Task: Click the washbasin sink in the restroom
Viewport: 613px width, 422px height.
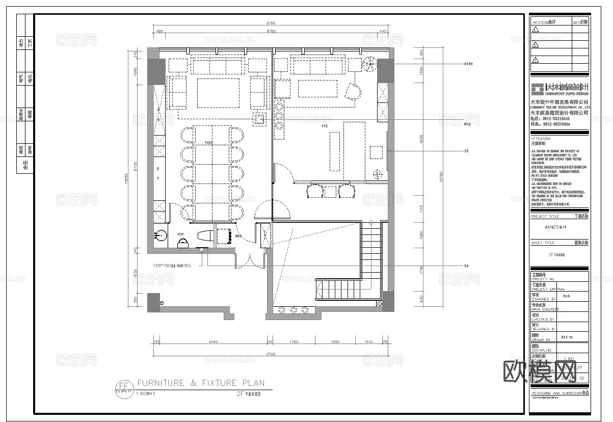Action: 160,236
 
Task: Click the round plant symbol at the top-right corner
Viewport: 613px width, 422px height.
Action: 368,65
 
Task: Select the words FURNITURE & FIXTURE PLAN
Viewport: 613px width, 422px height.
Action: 201,383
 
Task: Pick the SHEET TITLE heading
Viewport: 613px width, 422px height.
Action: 542,243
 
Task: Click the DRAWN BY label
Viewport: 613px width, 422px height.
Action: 541,339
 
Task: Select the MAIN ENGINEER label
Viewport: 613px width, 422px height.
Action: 545,309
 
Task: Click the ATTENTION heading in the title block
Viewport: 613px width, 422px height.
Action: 541,139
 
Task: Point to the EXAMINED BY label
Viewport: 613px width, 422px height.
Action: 543,299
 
